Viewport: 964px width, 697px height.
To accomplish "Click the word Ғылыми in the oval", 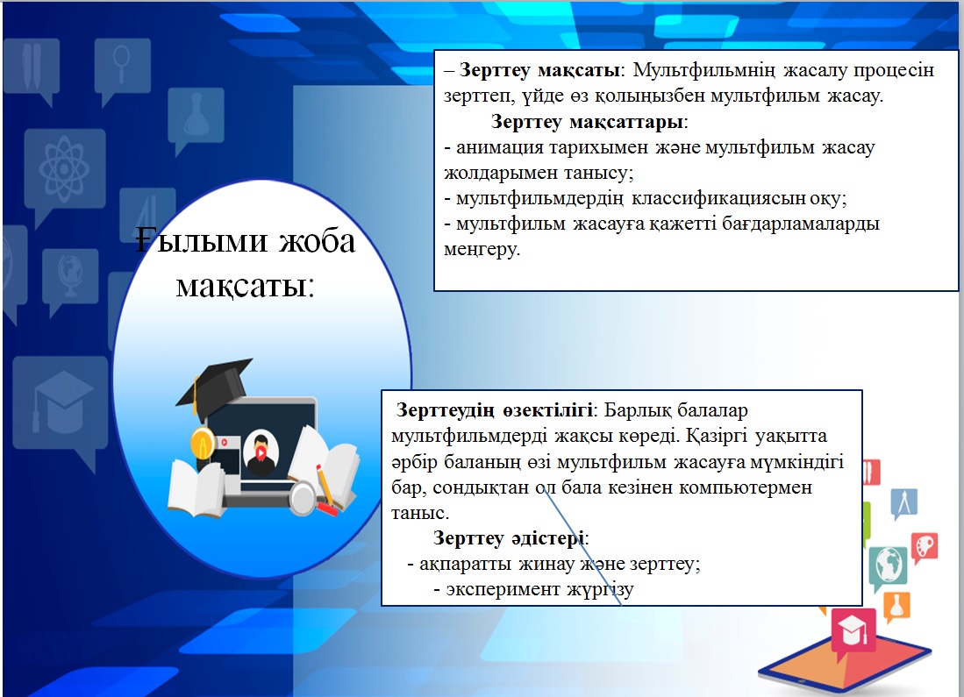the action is pyautogui.click(x=202, y=240).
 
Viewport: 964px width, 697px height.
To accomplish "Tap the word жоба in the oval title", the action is pyautogui.click(x=318, y=240).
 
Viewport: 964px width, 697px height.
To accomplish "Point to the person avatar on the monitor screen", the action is pyautogui.click(x=261, y=453).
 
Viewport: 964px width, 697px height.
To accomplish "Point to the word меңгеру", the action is pyautogui.click(x=482, y=250).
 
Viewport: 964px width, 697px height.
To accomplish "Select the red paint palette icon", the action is pyautogui.click(x=924, y=547).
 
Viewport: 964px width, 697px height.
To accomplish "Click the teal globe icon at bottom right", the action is pyautogui.click(x=889, y=565).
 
